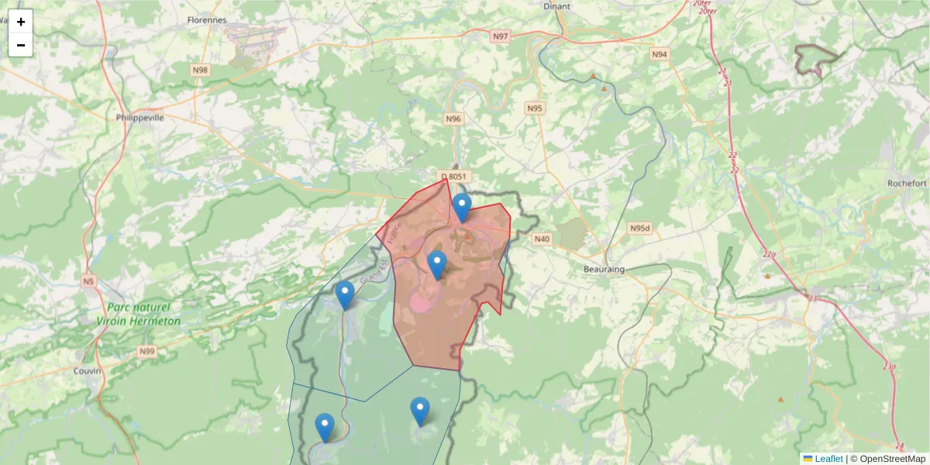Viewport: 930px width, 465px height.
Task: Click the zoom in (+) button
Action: pyautogui.click(x=21, y=22)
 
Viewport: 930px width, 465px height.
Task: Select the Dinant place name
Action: pyautogui.click(x=557, y=6)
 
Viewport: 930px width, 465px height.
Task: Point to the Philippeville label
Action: pyautogui.click(x=139, y=118)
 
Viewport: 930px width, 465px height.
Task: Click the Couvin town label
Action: pyautogui.click(x=87, y=370)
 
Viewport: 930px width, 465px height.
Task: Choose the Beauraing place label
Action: pyautogui.click(x=604, y=269)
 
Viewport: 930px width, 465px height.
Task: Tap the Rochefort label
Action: pyautogui.click(x=907, y=184)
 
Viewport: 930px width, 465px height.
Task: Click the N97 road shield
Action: pyautogui.click(x=501, y=36)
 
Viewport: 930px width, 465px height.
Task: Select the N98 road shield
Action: pyautogui.click(x=200, y=71)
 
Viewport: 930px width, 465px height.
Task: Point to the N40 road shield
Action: pyautogui.click(x=541, y=239)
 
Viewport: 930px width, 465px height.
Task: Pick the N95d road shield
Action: pyautogui.click(x=639, y=229)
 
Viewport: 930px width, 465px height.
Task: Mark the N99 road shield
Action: pyautogui.click(x=147, y=352)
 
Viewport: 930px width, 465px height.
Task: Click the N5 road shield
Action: pyautogui.click(x=88, y=281)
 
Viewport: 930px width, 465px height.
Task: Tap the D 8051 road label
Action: pyautogui.click(x=453, y=177)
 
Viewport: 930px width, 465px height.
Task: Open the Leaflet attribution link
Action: pyautogui.click(x=828, y=459)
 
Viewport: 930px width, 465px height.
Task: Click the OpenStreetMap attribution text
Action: pyautogui.click(x=892, y=459)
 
